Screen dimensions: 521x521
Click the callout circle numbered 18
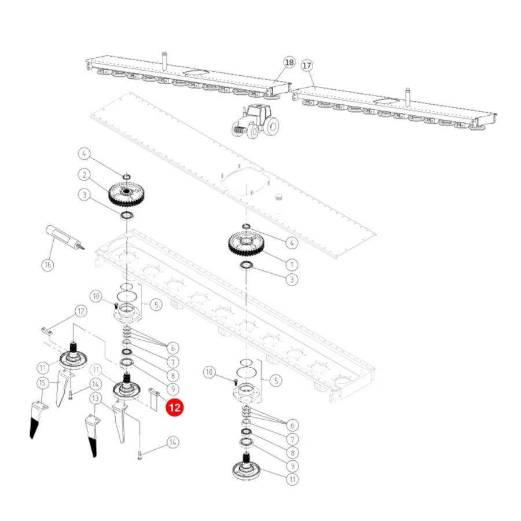tap(289, 63)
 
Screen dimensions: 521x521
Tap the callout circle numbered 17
tap(307, 65)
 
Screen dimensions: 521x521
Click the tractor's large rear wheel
tap(272, 126)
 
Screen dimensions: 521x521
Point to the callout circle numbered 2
tap(85, 175)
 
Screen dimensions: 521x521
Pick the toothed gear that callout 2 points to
tap(126, 194)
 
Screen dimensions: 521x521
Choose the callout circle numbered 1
tap(292, 265)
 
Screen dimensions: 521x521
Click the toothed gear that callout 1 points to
tap(246, 244)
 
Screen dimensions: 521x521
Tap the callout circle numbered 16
tap(47, 265)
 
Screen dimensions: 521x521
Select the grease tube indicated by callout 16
tap(64, 237)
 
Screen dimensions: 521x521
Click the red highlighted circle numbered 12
tap(175, 408)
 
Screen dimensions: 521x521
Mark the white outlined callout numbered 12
tap(80, 311)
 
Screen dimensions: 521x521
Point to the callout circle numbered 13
tap(96, 398)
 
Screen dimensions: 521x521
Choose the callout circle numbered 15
tap(42, 383)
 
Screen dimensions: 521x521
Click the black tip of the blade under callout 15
tap(34, 428)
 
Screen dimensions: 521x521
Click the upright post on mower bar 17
tap(408, 97)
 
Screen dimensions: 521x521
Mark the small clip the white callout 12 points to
tap(47, 331)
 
